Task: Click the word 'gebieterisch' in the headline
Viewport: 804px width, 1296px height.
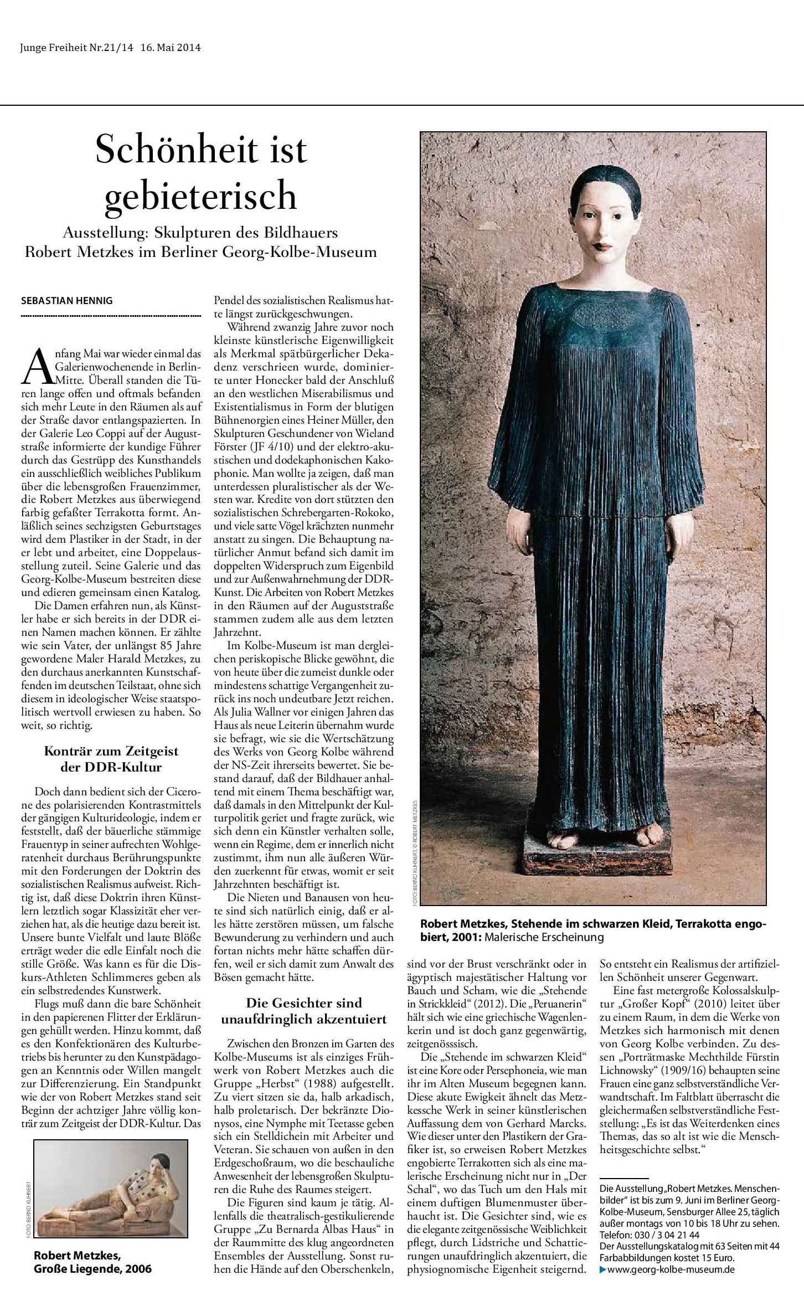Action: pos(200,195)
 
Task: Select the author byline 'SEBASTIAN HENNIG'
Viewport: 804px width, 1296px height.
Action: pos(66,301)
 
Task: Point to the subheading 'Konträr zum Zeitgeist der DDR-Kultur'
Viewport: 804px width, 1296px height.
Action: pos(111,759)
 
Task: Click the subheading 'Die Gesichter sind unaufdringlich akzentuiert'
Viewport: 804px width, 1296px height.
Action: pos(304,1010)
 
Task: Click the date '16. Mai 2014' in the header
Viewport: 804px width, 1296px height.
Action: pos(172,48)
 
